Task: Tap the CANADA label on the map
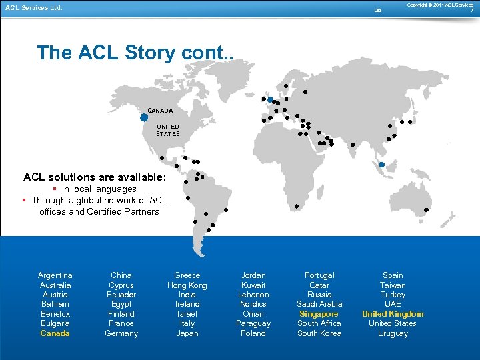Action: [x=160, y=111]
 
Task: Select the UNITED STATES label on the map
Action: [x=168, y=130]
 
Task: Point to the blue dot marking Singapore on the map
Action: [x=382, y=165]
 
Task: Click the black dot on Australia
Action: [x=427, y=210]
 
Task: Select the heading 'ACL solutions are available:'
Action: [x=95, y=177]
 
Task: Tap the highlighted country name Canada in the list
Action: [x=55, y=333]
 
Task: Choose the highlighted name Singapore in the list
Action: [x=319, y=314]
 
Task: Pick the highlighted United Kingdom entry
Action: [x=393, y=314]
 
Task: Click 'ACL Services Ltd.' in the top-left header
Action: [x=33, y=8]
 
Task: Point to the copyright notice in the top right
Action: [x=440, y=5]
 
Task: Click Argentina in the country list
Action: [x=55, y=275]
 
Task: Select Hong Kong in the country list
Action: [x=187, y=285]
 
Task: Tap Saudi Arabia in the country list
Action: [x=319, y=304]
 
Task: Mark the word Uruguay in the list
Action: [x=393, y=333]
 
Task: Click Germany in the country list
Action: [x=121, y=333]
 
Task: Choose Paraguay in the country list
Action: [x=253, y=323]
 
